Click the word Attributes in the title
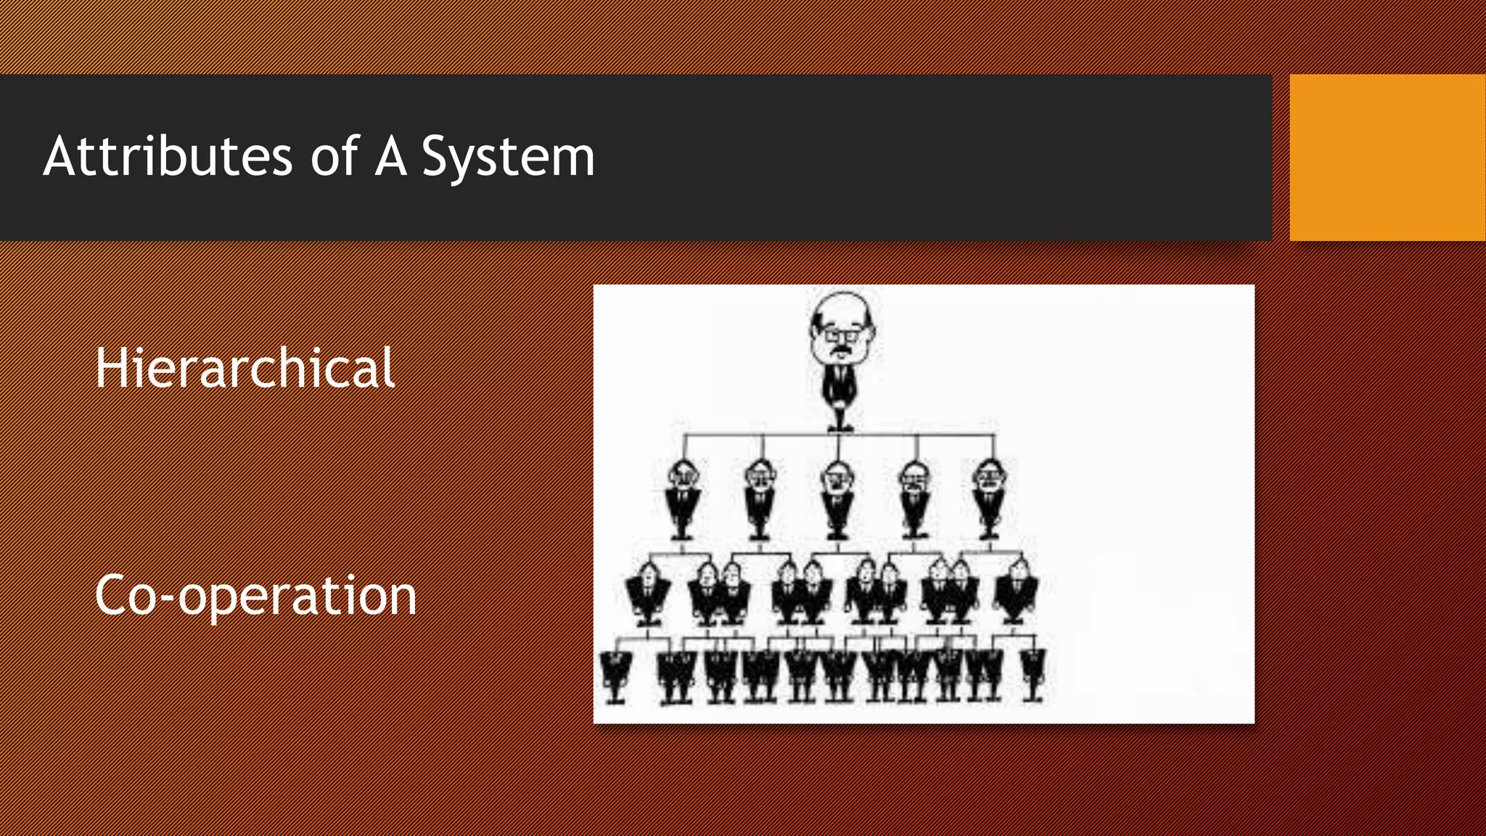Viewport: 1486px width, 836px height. tap(168, 156)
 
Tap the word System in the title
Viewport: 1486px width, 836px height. tap(508, 157)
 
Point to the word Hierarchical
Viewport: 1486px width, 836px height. tap(245, 368)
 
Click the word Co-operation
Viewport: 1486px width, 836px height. tap(255, 595)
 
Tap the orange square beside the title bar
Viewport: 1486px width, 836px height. tap(1387, 157)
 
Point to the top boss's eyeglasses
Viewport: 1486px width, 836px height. tap(842, 335)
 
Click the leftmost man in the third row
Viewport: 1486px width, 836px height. tap(647, 591)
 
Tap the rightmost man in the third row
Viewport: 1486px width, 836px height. tap(1016, 591)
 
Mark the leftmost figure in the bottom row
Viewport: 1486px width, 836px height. tap(615, 675)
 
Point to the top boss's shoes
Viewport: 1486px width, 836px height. tap(840, 426)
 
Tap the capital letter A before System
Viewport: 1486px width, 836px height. tap(390, 156)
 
